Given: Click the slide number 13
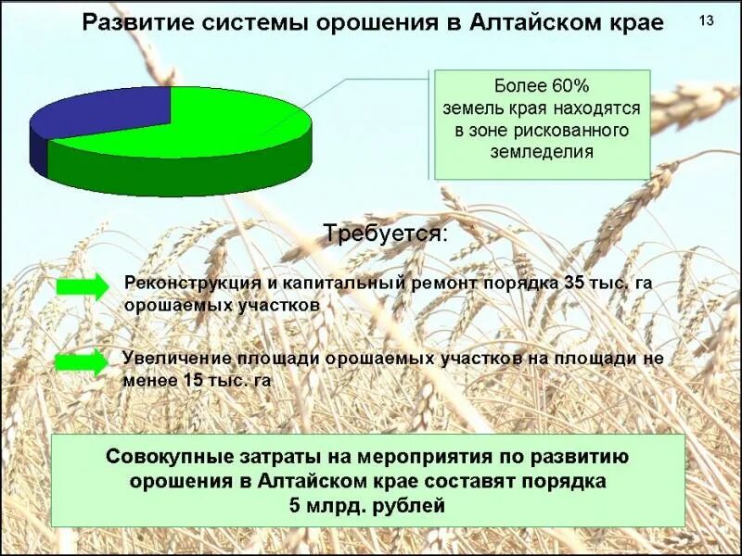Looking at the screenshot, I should tap(707, 20).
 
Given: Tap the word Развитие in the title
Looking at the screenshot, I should tap(127, 22).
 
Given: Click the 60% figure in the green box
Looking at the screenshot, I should tap(568, 87).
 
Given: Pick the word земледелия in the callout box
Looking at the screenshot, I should tap(542, 151).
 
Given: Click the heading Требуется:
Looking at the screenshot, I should tap(384, 233).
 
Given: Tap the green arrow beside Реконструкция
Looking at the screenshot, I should tap(82, 286).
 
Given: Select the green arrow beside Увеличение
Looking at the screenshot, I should tap(82, 362).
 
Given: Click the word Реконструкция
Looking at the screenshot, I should tap(185, 283).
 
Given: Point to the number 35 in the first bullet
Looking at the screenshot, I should tap(574, 283).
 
